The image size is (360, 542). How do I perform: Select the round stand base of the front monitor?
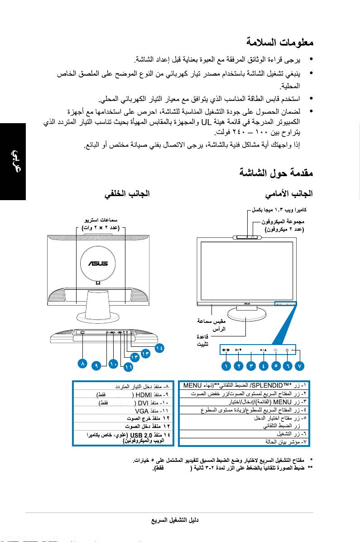pyautogui.click(x=247, y=314)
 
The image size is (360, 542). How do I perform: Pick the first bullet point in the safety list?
pyautogui.click(x=310, y=60)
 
